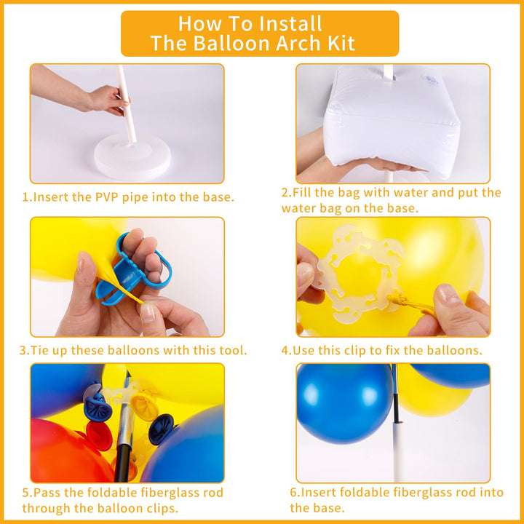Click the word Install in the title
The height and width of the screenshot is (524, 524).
(x=290, y=23)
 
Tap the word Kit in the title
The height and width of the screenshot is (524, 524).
(x=341, y=43)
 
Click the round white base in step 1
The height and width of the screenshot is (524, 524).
(x=132, y=156)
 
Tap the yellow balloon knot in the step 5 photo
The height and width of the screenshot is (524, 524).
(x=144, y=406)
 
